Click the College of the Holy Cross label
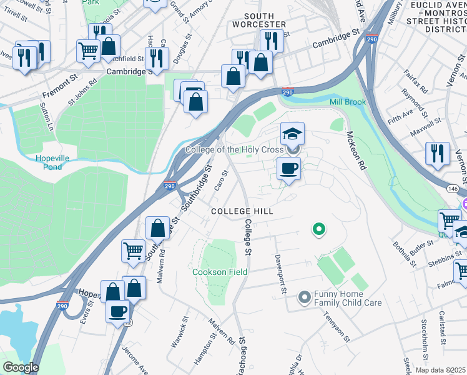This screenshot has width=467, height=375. (x=235, y=150)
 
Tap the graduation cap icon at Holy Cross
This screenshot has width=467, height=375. (x=292, y=134)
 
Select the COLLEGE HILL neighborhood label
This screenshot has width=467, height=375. (x=242, y=212)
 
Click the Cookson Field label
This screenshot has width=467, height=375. (x=220, y=272)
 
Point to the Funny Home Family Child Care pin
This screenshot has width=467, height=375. (x=305, y=297)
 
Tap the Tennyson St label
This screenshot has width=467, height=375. (x=337, y=323)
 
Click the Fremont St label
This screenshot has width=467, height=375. (x=58, y=94)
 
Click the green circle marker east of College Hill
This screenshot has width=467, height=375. (x=318, y=230)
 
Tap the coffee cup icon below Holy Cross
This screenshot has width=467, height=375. (x=288, y=169)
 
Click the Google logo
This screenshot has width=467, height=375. (x=20, y=367)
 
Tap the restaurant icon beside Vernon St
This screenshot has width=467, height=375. (x=437, y=154)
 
